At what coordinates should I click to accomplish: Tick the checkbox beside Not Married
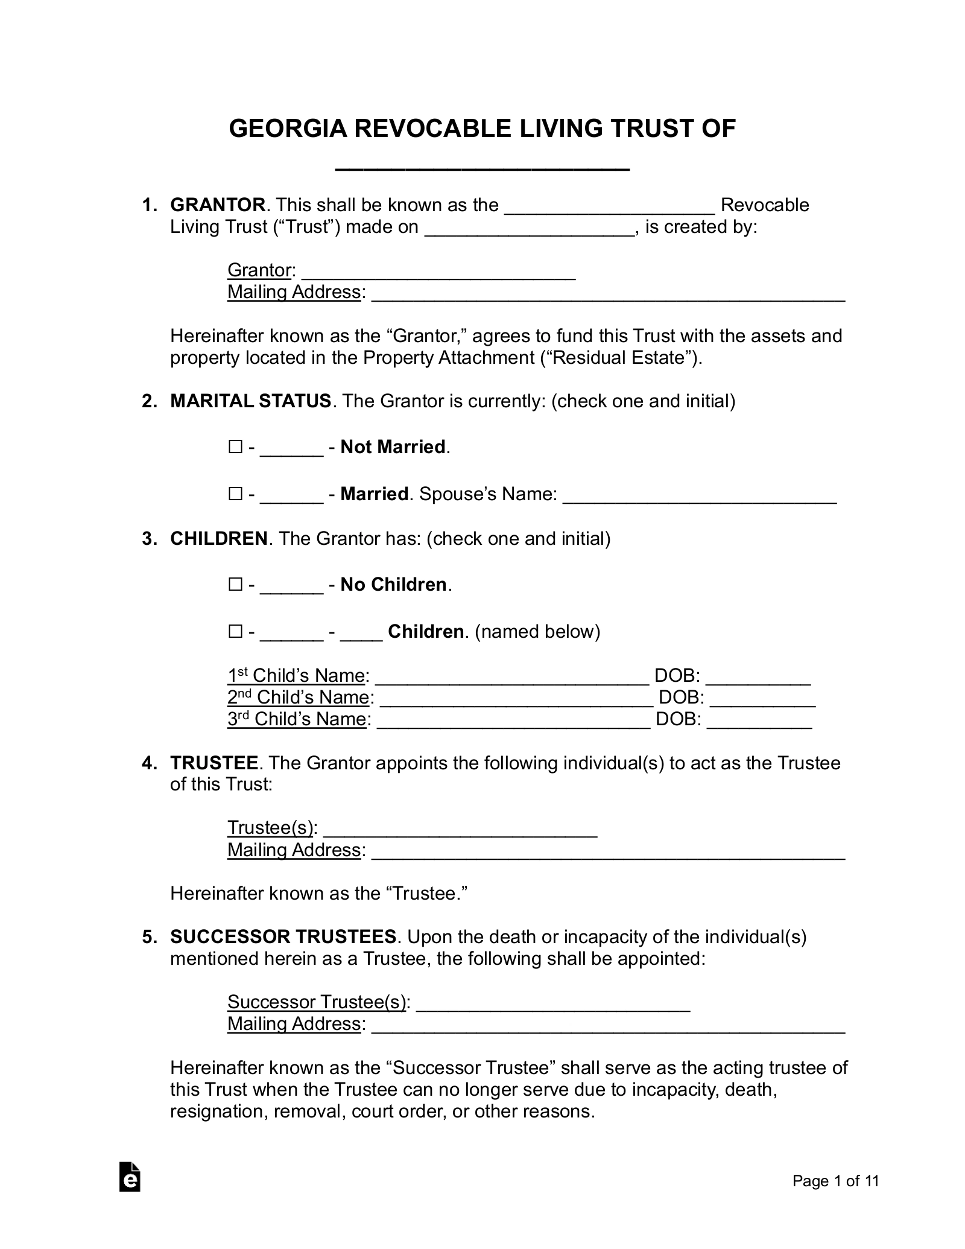coord(235,447)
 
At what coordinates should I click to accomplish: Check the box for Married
coord(235,494)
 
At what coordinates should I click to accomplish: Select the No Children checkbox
coord(235,585)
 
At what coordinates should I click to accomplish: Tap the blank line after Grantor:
coord(438,272)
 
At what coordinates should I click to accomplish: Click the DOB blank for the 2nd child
coord(763,699)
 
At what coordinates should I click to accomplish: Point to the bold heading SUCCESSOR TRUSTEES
coord(283,937)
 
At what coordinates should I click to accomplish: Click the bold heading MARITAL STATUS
coord(250,401)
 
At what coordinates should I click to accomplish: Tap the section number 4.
coord(148,763)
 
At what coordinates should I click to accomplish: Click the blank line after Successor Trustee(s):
coord(553,1003)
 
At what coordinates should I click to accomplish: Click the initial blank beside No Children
coord(292,586)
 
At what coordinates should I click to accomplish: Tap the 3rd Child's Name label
coord(297,719)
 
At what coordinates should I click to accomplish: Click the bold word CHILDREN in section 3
coord(219,539)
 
